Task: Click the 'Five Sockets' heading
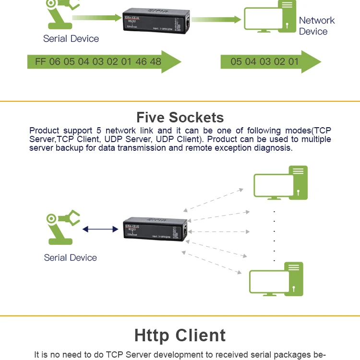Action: [x=180, y=118]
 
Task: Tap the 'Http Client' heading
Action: [x=180, y=335]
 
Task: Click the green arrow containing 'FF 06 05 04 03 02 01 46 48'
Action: [x=103, y=61]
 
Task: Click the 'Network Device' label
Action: [x=316, y=26]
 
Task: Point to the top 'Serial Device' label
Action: [x=71, y=39]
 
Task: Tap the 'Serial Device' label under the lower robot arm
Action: [x=71, y=258]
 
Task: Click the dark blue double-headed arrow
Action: [x=100, y=229]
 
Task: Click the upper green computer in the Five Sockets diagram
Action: [x=281, y=183]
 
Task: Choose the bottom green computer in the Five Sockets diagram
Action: [x=276, y=279]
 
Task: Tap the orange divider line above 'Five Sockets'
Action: [x=180, y=101]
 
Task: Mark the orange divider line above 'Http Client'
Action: [x=180, y=316]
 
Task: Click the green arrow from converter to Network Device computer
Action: [x=216, y=20]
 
